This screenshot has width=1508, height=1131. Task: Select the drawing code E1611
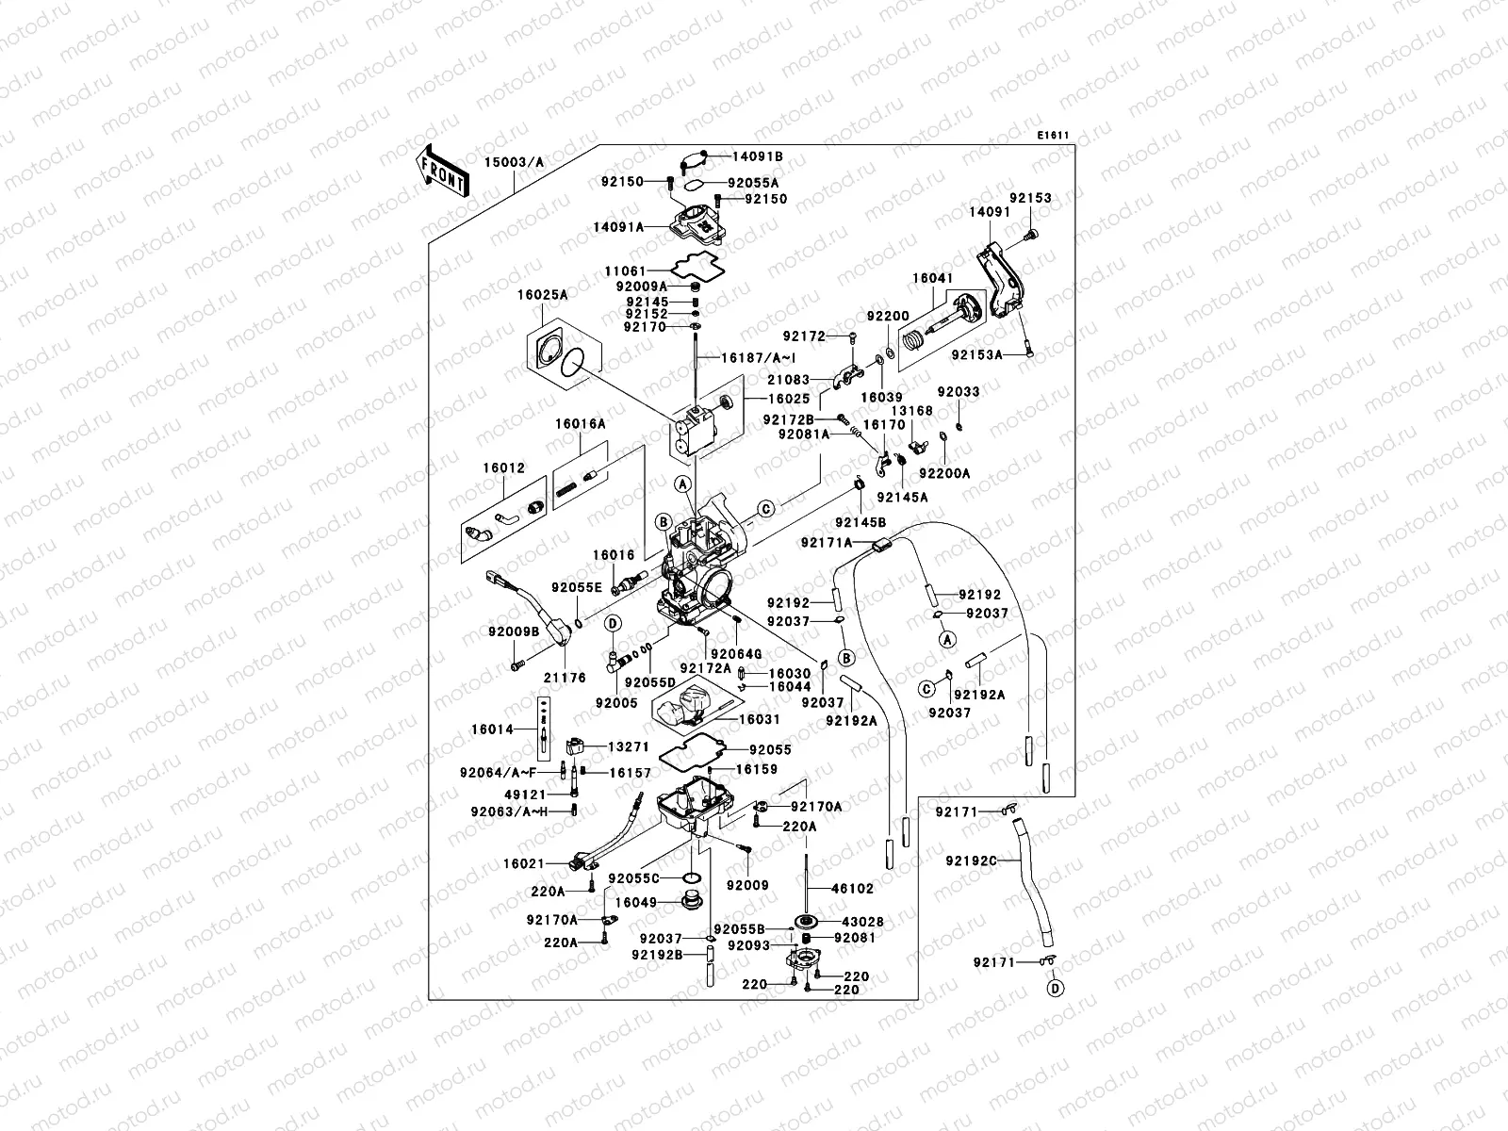(x=1053, y=136)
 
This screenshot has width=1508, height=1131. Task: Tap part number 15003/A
(x=515, y=162)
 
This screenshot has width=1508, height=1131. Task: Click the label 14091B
(x=759, y=156)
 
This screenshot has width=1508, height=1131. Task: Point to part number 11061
(x=627, y=270)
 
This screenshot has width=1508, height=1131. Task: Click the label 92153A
(x=975, y=355)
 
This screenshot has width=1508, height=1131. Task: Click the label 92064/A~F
(x=498, y=773)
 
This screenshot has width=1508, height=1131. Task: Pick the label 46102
(x=852, y=888)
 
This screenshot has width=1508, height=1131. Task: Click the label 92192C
(x=972, y=860)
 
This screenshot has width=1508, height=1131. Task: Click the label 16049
(x=636, y=902)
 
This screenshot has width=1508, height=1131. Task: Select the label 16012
(x=507, y=467)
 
